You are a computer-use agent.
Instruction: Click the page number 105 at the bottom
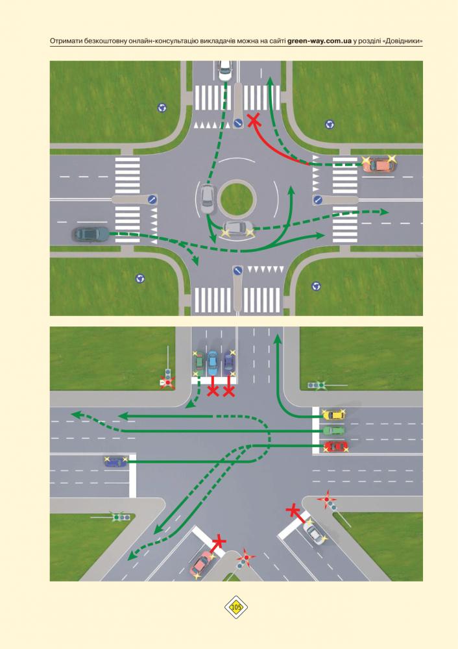point(236,607)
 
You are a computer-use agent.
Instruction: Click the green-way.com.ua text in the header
point(319,42)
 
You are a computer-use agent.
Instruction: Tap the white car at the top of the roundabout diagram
point(225,70)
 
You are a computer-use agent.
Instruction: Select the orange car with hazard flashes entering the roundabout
point(379,165)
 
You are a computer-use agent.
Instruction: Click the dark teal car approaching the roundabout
point(90,234)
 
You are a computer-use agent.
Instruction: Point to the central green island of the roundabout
point(236,199)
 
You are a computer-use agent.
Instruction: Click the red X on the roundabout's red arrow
point(254,121)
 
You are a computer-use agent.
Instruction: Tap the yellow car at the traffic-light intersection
point(334,414)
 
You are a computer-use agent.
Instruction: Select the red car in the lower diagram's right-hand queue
point(335,447)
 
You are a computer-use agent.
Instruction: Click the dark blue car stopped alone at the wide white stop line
point(116,461)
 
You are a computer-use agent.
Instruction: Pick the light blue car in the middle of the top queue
point(212,360)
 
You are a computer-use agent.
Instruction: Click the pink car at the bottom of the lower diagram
point(202,565)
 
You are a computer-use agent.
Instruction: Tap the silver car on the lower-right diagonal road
point(313,532)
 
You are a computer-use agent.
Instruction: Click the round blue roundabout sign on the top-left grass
point(162,108)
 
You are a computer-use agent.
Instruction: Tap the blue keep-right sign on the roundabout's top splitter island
point(238,123)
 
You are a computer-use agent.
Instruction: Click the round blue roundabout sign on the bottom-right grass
point(316,286)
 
